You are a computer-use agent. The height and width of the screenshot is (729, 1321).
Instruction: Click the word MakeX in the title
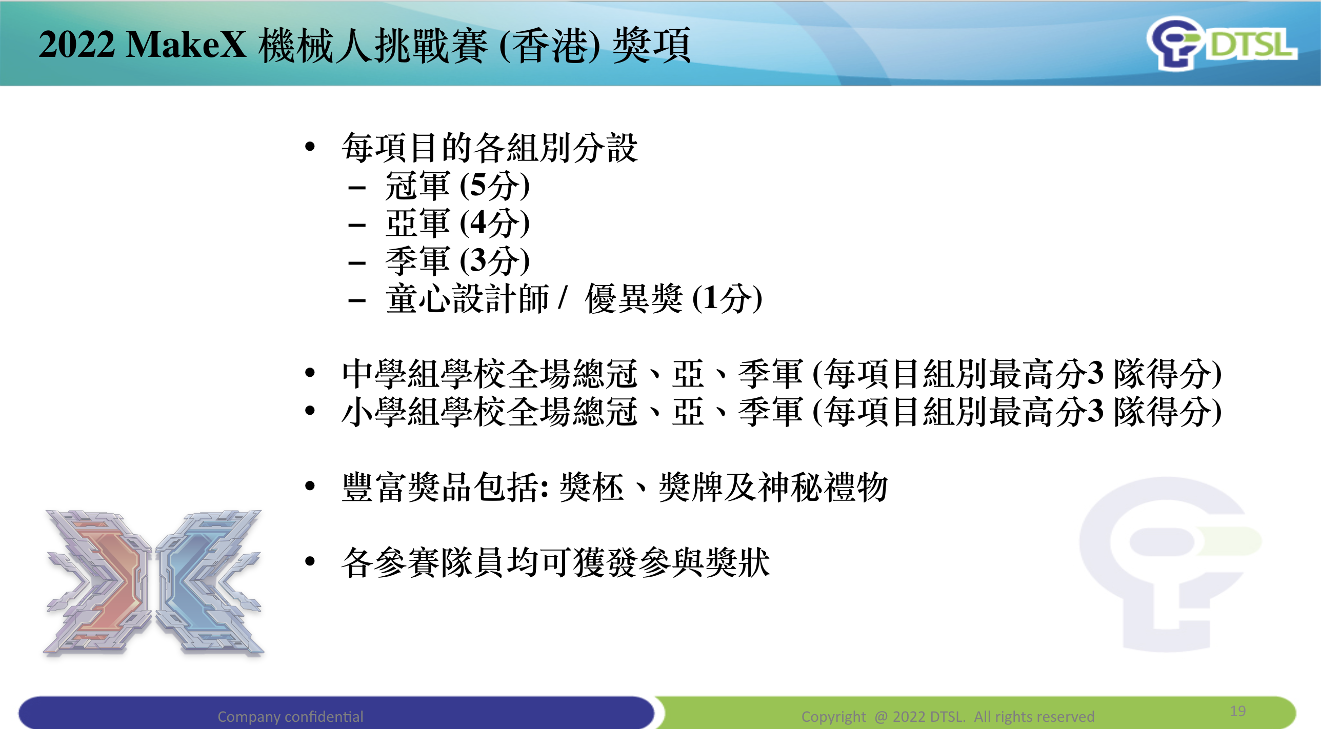pyautogui.click(x=186, y=45)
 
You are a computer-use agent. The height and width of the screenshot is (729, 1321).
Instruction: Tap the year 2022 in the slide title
pyautogui.click(x=76, y=45)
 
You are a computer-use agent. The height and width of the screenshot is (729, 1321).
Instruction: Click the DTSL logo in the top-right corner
pyautogui.click(x=1222, y=43)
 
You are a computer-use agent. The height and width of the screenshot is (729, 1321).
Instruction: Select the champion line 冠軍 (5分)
pyautogui.click(x=457, y=186)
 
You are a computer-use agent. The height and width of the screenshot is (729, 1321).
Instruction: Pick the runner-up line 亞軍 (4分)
pyautogui.click(x=457, y=223)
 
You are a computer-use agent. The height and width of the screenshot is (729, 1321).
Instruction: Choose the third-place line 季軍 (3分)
pyautogui.click(x=457, y=261)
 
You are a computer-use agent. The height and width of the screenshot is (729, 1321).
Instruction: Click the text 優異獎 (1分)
pyautogui.click(x=673, y=298)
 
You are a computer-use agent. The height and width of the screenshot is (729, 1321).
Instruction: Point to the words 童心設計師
pyautogui.click(x=467, y=298)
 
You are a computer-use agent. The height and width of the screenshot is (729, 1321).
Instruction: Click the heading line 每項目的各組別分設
pyautogui.click(x=490, y=148)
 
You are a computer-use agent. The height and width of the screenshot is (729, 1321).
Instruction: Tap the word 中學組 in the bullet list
pyautogui.click(x=391, y=374)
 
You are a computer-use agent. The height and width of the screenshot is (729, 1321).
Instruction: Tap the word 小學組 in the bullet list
pyautogui.click(x=391, y=412)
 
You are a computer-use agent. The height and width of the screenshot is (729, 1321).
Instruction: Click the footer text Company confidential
pyautogui.click(x=290, y=716)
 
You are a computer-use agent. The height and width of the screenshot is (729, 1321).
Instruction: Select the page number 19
pyautogui.click(x=1237, y=711)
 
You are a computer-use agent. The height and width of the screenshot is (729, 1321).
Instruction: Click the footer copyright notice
pyautogui.click(x=948, y=716)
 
